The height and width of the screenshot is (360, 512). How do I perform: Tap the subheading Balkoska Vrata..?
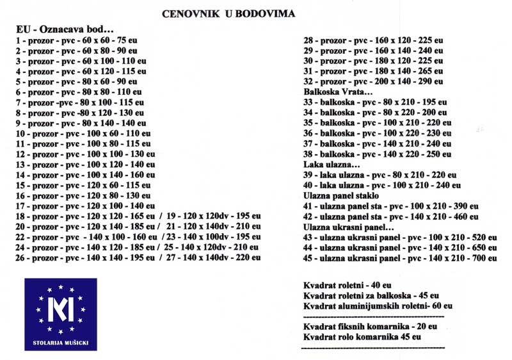(336, 92)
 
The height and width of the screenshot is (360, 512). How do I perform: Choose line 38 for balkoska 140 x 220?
(378, 154)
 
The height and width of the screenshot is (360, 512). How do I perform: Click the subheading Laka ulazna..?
(331, 165)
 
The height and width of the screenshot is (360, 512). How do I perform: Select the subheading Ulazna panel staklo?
(341, 195)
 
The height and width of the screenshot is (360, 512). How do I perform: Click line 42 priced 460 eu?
(390, 217)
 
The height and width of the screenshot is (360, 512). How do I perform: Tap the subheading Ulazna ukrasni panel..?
(348, 227)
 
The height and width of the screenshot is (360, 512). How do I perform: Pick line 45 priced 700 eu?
(400, 258)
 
